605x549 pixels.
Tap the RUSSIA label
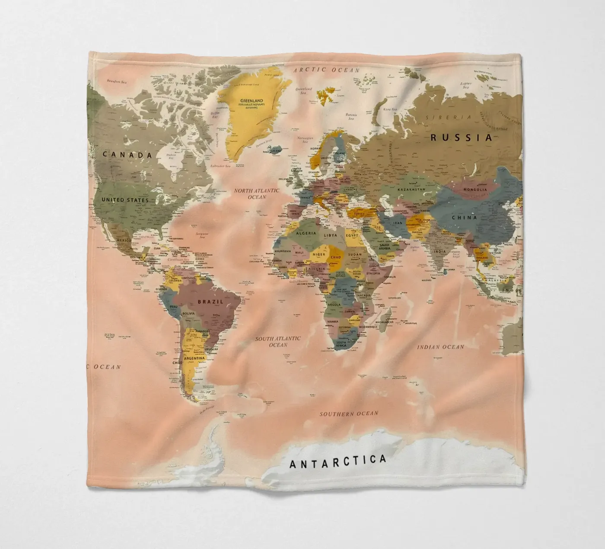(461, 138)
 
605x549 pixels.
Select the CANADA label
(127, 155)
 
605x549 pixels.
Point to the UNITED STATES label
(125, 200)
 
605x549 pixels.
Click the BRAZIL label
(210, 302)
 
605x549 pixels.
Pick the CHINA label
(465, 217)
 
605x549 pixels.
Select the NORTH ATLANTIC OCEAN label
(257, 193)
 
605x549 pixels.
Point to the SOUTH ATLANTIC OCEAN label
(277, 341)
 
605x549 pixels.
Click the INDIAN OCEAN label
(440, 347)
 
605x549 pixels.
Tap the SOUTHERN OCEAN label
(349, 414)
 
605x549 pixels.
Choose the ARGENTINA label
(194, 359)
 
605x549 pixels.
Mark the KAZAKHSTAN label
(412, 189)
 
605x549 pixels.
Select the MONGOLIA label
(475, 189)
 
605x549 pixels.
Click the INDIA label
(439, 251)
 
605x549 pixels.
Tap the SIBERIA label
(448, 117)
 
